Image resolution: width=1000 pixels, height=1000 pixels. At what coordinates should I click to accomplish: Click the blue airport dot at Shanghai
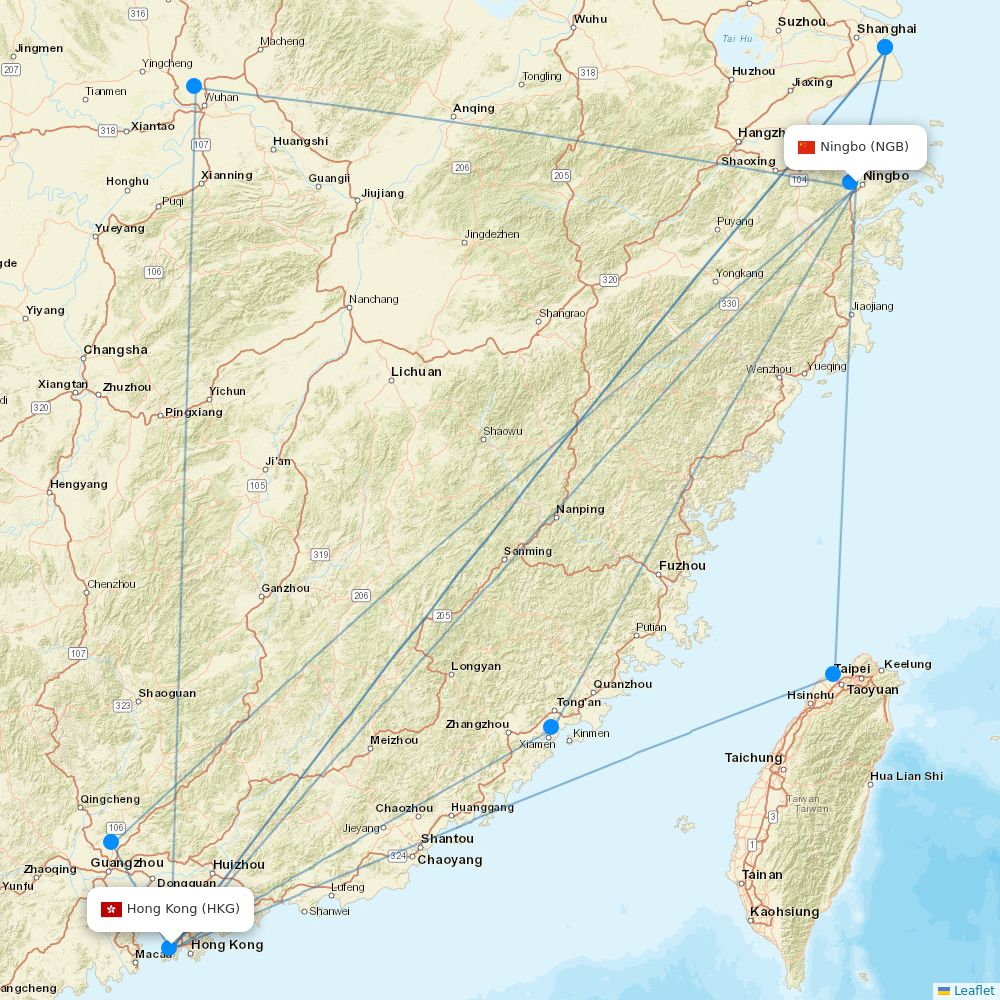point(885,47)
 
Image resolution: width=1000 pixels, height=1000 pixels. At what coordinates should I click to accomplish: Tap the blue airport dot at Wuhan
point(194,86)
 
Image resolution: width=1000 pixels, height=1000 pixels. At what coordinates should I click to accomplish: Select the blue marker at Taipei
point(833,674)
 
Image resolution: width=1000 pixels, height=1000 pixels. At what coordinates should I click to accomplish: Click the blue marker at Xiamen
point(551,726)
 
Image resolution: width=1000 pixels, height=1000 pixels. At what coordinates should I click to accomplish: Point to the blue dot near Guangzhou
point(111,842)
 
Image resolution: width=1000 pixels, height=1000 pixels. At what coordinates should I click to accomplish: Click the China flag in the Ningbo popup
point(806,147)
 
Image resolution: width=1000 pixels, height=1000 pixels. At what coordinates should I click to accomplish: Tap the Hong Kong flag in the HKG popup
point(111,909)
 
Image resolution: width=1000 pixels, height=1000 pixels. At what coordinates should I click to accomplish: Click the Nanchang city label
point(374,299)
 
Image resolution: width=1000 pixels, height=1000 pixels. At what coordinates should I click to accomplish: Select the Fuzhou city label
point(682,566)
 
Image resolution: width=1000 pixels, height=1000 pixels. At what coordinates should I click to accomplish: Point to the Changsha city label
point(115,350)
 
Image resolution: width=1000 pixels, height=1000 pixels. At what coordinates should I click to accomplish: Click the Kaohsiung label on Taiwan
point(784,912)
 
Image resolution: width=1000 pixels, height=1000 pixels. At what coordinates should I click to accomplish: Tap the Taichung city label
point(753,758)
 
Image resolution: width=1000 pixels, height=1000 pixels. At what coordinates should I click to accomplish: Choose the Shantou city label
point(447,839)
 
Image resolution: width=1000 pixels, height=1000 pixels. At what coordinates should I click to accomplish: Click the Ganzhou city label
point(285,588)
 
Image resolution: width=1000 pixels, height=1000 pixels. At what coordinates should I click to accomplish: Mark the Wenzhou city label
point(769,370)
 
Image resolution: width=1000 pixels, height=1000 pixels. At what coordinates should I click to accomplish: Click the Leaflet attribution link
point(973,990)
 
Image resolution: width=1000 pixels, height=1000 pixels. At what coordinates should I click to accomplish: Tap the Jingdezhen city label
point(491,235)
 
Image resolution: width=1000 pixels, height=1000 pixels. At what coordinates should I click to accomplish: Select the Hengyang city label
point(78,485)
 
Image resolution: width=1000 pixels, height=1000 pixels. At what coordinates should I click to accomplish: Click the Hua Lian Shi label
point(906,776)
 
